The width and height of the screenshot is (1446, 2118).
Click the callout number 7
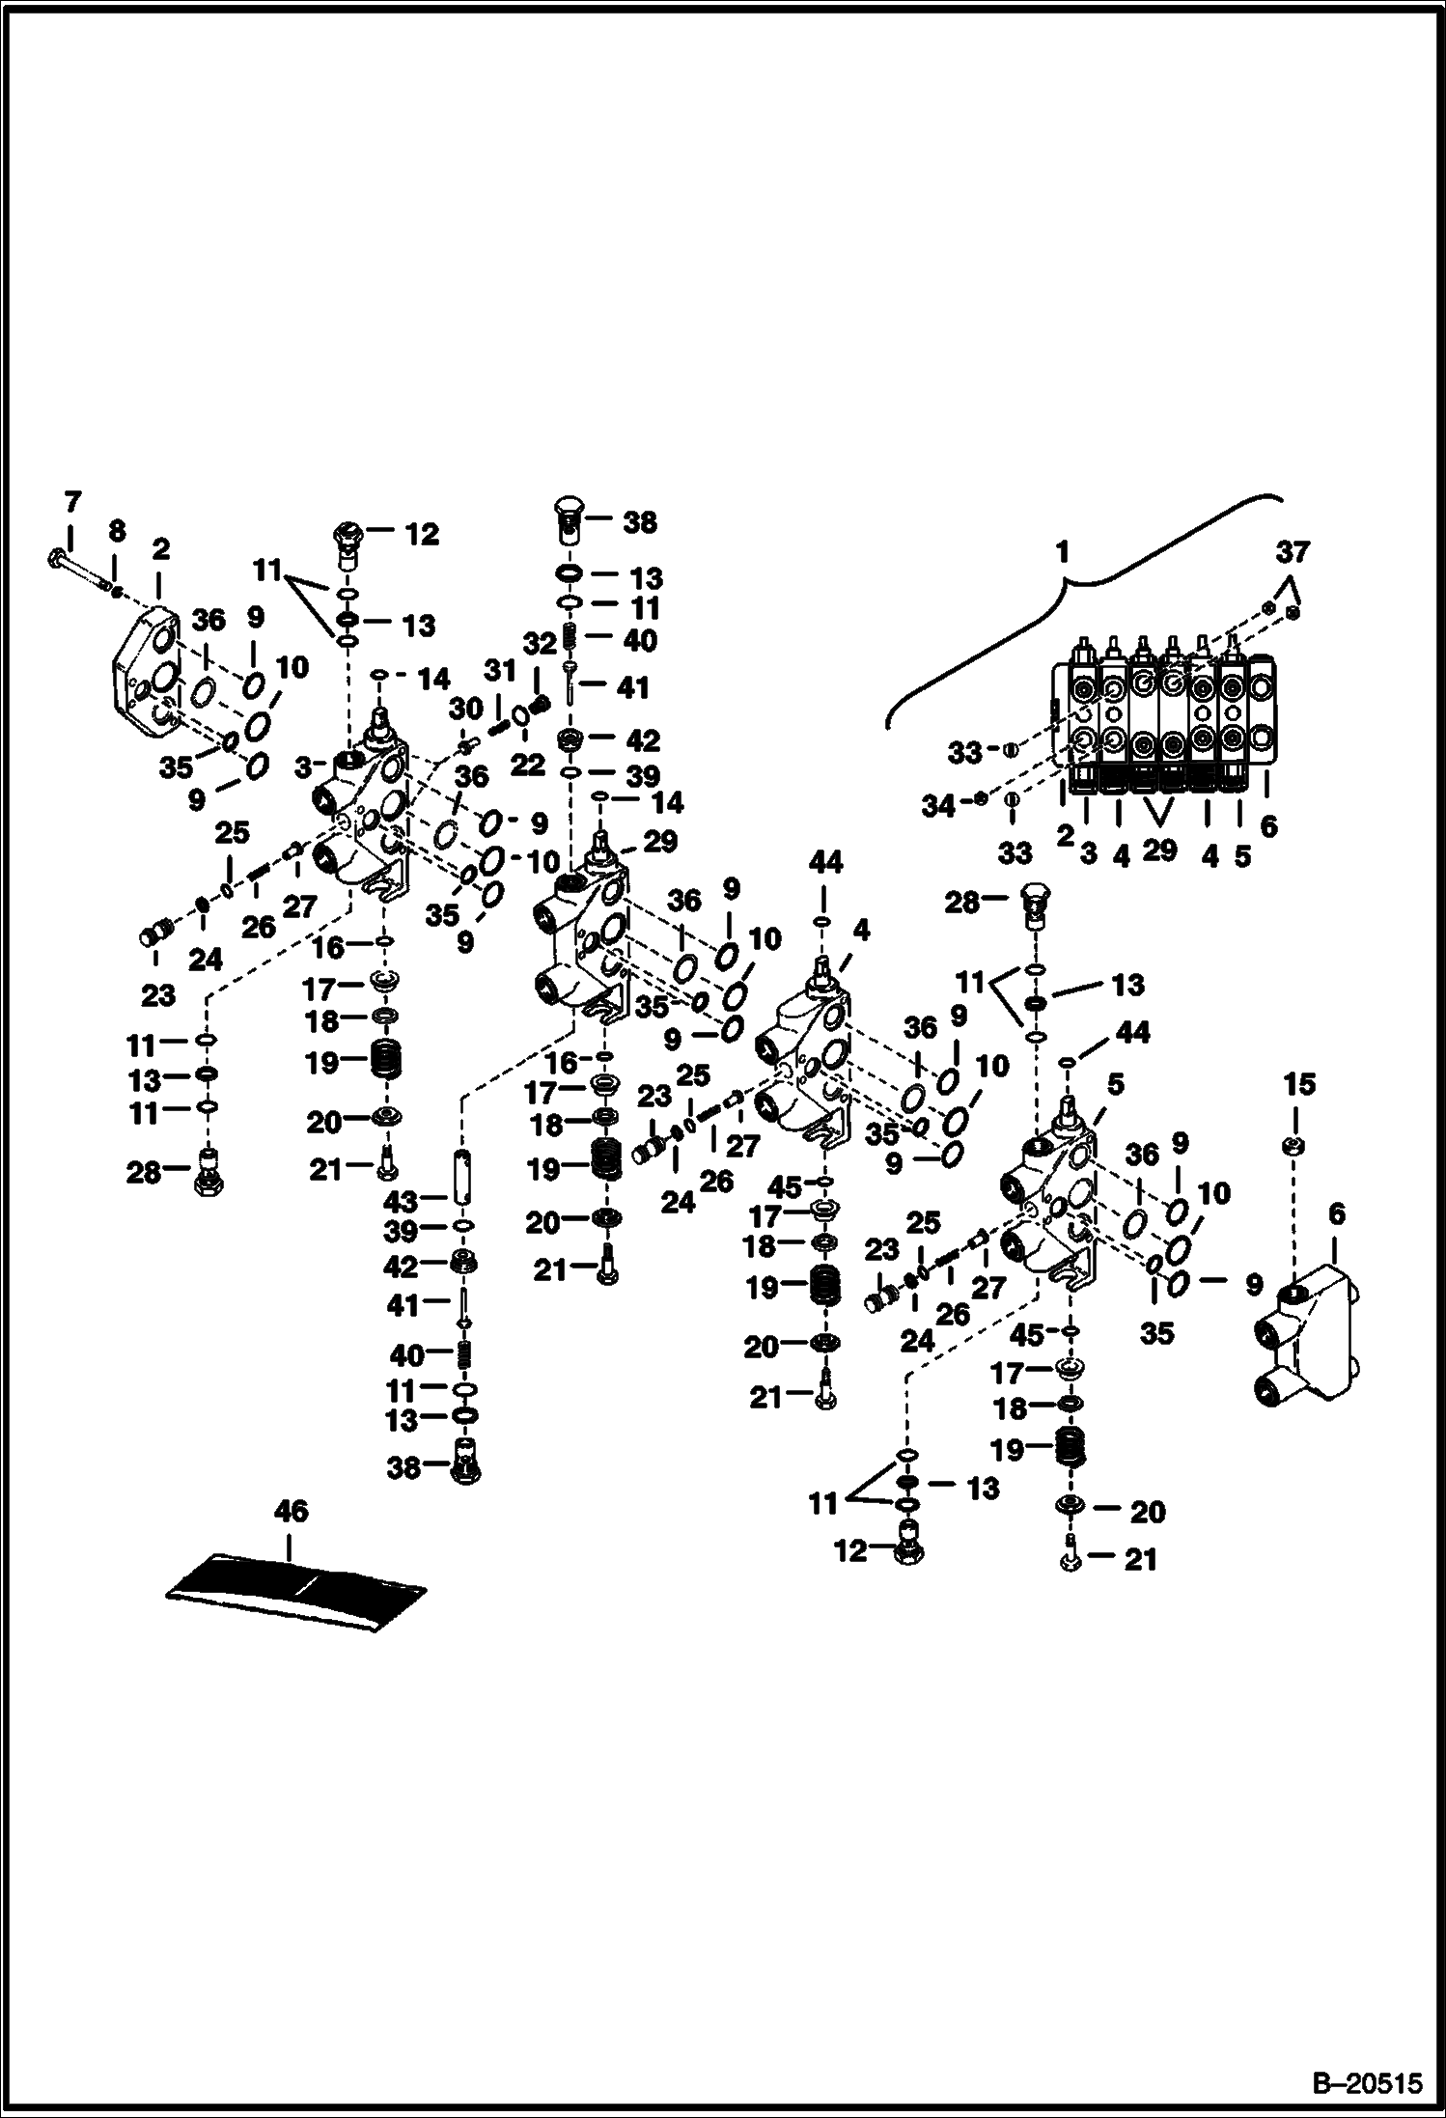coord(73,502)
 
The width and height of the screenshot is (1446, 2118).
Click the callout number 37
coord(1293,552)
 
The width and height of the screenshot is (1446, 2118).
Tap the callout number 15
coord(1299,1084)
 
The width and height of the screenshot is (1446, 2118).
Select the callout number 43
coord(400,1201)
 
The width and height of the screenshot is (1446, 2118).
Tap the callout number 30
coord(465,709)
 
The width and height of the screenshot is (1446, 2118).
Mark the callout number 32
coord(541,644)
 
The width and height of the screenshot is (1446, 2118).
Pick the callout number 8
coord(116,530)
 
